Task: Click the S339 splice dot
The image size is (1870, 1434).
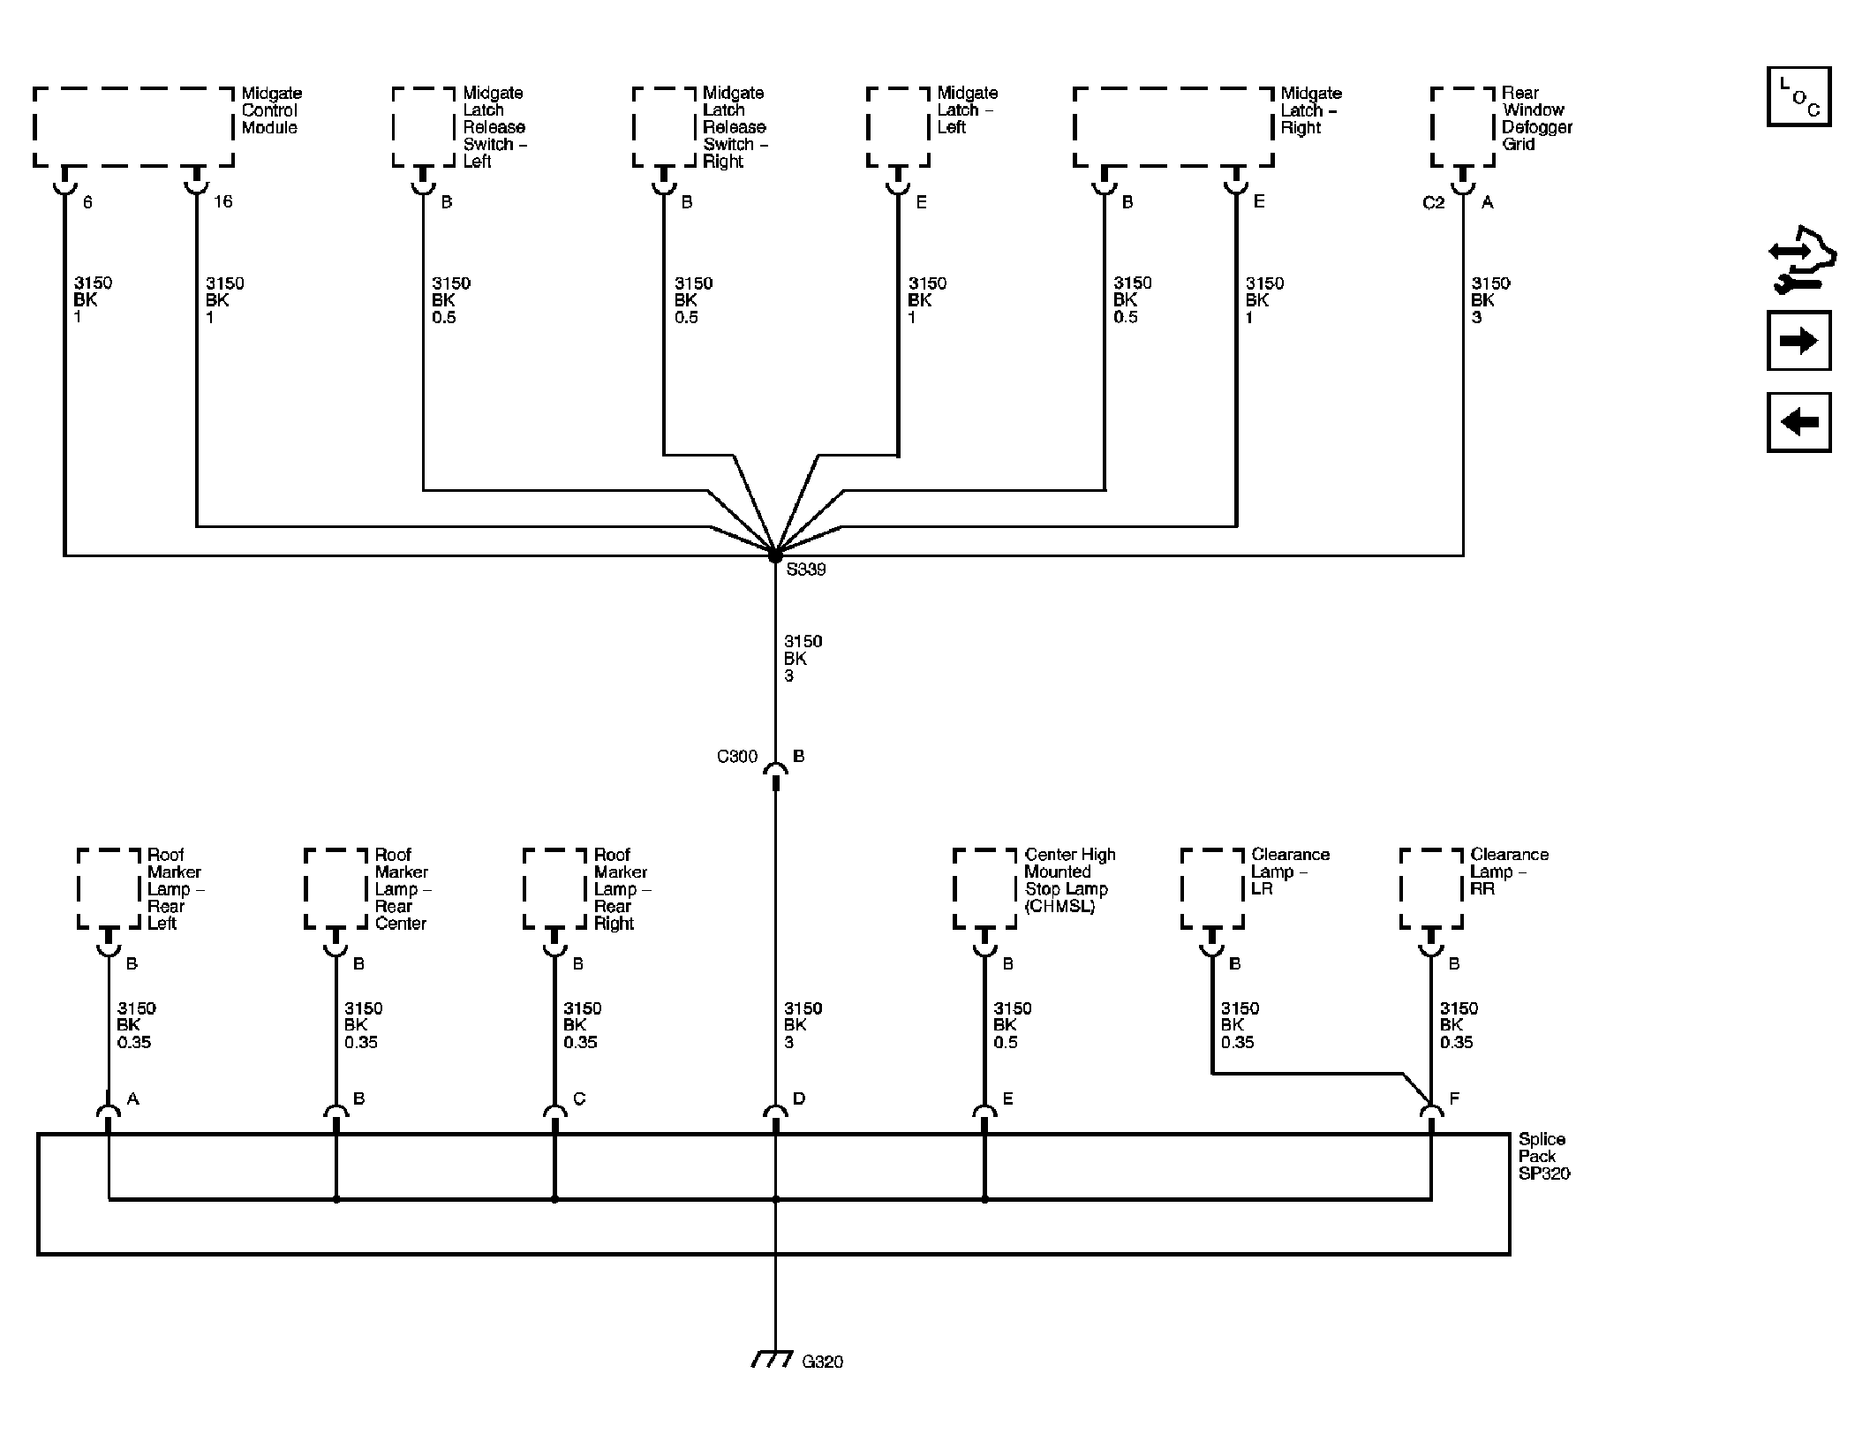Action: (775, 555)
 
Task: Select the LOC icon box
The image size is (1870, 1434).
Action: (1798, 96)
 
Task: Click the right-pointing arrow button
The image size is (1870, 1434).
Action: (1798, 341)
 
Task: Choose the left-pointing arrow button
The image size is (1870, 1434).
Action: (1798, 422)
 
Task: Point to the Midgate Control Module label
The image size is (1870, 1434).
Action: (272, 110)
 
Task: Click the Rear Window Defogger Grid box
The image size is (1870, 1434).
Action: (1463, 127)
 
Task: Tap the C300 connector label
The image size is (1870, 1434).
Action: (737, 757)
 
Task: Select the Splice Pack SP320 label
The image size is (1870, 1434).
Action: (1544, 1156)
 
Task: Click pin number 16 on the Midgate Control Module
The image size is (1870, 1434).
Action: (222, 202)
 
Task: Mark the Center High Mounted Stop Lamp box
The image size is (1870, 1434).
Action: (985, 889)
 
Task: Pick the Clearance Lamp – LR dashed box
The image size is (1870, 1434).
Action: (1212, 889)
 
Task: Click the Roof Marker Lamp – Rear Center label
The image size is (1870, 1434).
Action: (403, 889)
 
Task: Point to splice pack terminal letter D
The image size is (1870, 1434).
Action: (799, 1098)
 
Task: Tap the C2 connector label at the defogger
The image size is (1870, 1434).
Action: (1434, 203)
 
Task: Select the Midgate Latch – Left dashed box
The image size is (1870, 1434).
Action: (898, 127)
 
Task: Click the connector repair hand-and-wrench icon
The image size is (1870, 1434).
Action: (1802, 259)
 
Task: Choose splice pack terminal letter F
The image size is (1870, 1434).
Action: (1454, 1098)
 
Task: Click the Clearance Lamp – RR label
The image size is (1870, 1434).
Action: (1509, 872)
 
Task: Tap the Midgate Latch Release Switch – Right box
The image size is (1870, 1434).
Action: (664, 127)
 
